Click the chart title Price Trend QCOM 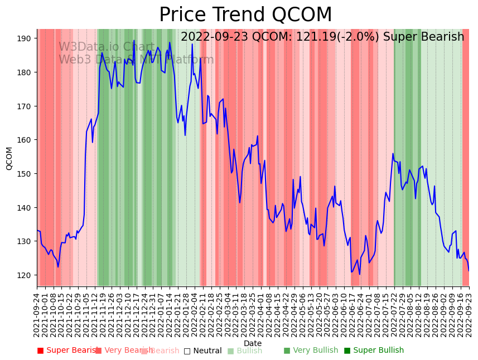(245, 15)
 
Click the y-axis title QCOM (9, 158)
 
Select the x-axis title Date (253, 343)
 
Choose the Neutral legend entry (203, 351)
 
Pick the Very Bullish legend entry (311, 351)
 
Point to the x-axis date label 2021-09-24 (37, 315)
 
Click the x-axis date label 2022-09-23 (469, 315)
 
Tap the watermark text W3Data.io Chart (107, 47)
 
